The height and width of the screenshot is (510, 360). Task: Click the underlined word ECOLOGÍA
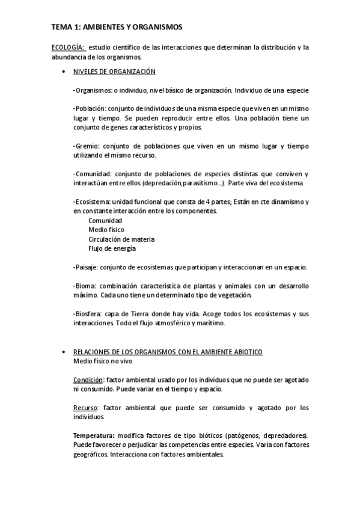[x=68, y=48]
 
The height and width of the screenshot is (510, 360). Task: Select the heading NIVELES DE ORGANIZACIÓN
[x=114, y=72]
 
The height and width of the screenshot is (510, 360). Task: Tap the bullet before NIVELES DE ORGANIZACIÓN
[x=64, y=72]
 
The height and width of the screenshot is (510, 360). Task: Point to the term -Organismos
[x=89, y=90]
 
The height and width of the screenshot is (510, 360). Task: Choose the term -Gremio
[x=85, y=146]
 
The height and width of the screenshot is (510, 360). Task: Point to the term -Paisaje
[x=85, y=266]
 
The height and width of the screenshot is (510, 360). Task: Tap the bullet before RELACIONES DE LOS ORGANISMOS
[x=64, y=351]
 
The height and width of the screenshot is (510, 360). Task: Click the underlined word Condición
[x=88, y=379]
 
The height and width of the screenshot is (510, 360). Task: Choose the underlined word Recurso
[x=85, y=407]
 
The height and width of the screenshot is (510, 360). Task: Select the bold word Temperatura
[x=93, y=435]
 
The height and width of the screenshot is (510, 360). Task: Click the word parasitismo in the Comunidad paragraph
[x=194, y=183]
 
